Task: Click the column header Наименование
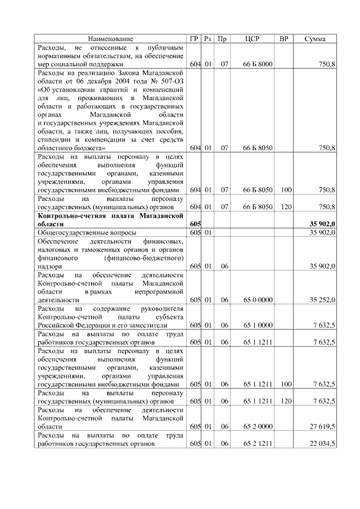click(x=111, y=39)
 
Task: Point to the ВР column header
click(x=284, y=39)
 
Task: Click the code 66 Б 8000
click(x=258, y=65)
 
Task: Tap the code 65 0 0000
click(x=258, y=300)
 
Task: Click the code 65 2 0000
click(x=258, y=427)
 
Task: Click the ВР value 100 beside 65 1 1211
click(x=286, y=385)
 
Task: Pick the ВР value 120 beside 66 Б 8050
click(x=286, y=207)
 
